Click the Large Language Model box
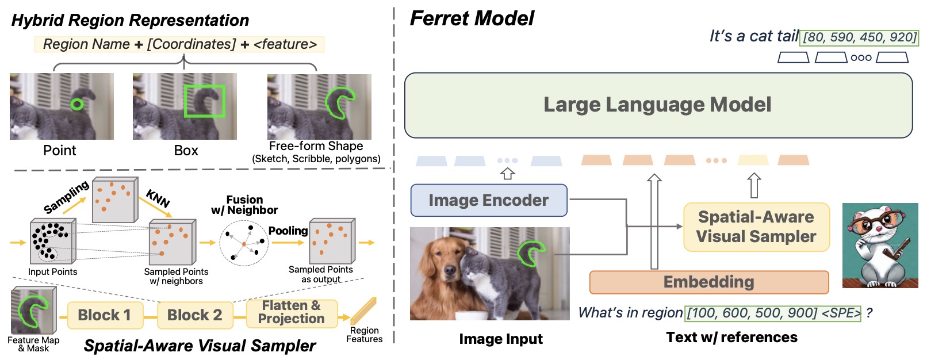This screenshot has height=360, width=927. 658,105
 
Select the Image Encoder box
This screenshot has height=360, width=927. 489,200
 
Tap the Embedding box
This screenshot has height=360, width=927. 708,282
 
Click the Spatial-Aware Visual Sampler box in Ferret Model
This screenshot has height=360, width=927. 756,227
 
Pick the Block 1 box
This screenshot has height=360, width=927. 104,315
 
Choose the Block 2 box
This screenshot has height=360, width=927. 194,315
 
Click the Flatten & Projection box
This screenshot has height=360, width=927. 292,312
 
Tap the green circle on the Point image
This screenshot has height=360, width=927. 76,104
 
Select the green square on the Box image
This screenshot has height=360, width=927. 204,101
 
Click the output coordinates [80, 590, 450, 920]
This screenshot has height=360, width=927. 859,37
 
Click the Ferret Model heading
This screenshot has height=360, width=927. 472,18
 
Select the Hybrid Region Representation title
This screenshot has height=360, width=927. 130,20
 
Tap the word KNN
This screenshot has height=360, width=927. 158,198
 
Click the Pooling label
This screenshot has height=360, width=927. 288,231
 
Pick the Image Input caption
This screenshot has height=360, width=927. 500,339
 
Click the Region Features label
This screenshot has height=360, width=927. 364,335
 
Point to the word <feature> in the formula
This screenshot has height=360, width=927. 285,44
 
